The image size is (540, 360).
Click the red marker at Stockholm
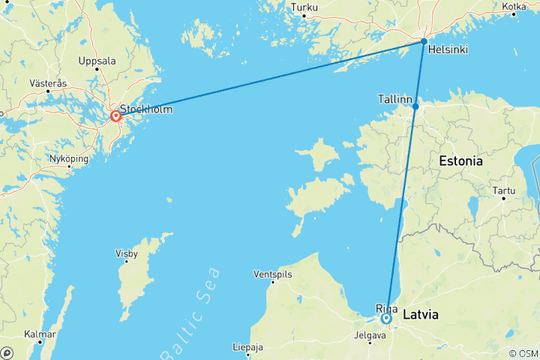[116, 116]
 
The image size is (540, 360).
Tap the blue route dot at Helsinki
[424, 41]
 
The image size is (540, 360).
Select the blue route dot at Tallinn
[415, 106]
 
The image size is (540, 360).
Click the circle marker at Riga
[386, 319]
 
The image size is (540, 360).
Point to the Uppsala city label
[98, 61]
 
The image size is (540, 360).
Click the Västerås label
[49, 83]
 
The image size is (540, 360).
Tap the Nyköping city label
[68, 159]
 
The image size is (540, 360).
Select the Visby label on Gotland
[126, 253]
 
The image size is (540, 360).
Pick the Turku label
[304, 8]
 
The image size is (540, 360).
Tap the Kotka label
[514, 7]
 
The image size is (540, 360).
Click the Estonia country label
[460, 161]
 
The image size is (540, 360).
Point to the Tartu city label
[504, 191]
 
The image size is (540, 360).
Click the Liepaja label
[247, 348]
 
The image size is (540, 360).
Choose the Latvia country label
[421, 314]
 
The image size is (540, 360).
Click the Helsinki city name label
[448, 50]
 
